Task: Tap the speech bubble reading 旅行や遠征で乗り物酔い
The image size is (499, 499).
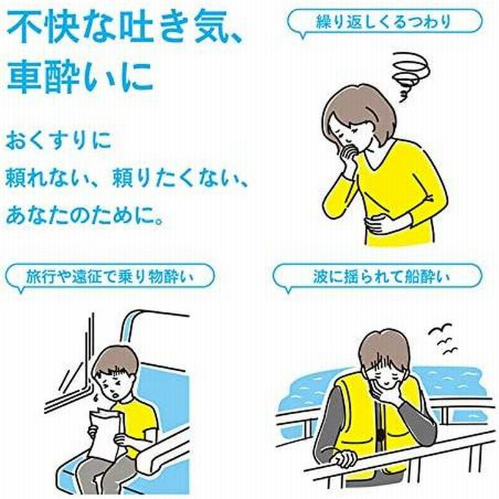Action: point(110,275)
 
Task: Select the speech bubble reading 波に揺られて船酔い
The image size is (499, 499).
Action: point(377,275)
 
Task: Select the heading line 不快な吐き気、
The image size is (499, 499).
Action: point(115,28)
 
